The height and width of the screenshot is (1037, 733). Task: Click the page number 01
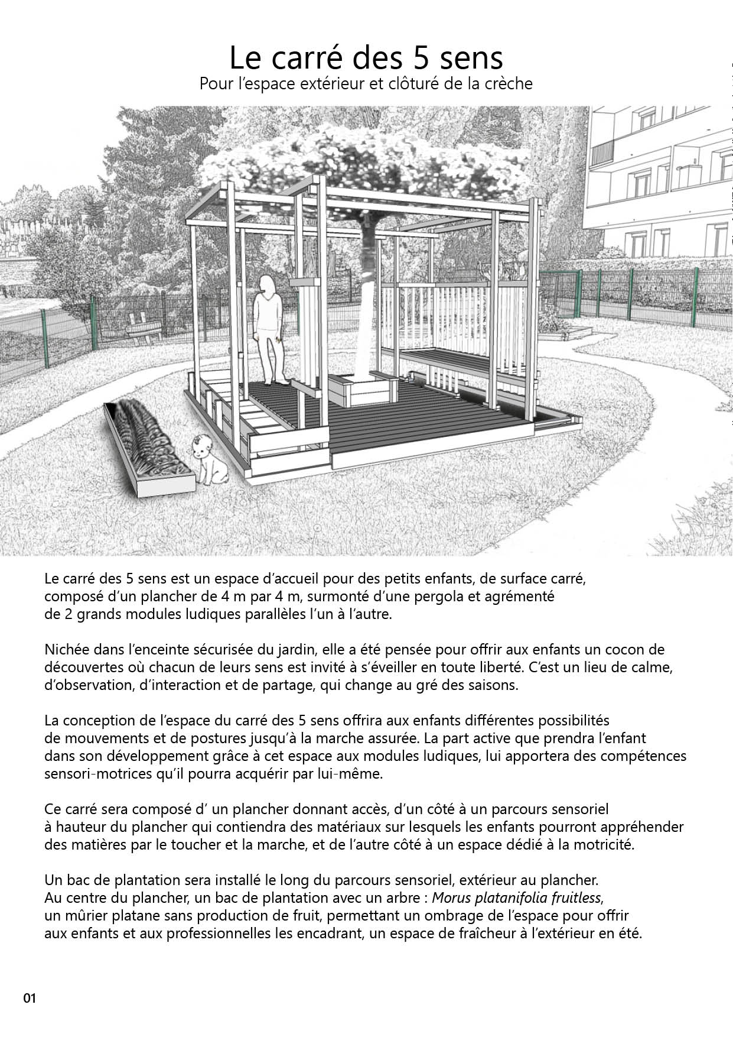coord(30,998)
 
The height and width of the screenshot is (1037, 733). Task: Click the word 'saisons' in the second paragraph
coord(494,686)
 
